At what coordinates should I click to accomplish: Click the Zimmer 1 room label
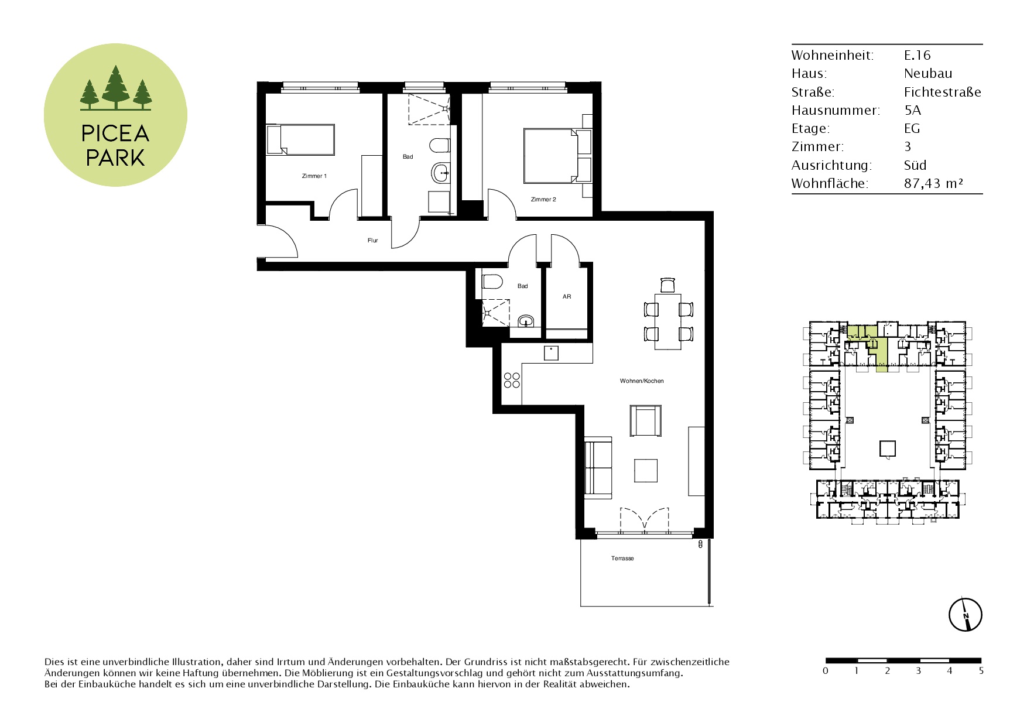coord(314,176)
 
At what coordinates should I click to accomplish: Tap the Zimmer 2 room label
coord(543,200)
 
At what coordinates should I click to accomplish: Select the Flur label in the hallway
coord(373,241)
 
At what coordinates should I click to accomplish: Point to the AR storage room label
coord(567,297)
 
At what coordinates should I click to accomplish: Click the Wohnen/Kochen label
coord(642,381)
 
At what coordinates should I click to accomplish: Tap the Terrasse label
coord(622,559)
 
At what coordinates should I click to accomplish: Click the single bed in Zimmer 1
coord(300,139)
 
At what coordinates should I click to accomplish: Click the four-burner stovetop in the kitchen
coord(512,380)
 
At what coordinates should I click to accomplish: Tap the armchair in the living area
coord(646,420)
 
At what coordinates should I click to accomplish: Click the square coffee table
coord(646,470)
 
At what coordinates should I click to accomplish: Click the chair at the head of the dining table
coord(668,285)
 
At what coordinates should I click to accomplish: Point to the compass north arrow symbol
coord(965,615)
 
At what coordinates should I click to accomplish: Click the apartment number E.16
coord(917,55)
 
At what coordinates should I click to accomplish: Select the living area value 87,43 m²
coord(933,183)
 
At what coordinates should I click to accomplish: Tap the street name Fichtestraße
coord(942,92)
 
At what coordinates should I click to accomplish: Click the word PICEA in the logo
coord(115,134)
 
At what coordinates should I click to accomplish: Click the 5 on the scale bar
coord(981,671)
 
